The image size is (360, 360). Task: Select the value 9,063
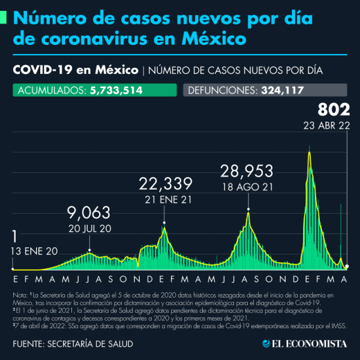(89, 212)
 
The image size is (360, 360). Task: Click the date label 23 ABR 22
(327, 126)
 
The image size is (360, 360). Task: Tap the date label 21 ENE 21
(164, 197)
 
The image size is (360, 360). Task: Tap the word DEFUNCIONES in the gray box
(221, 91)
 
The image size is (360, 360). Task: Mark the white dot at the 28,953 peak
(248, 209)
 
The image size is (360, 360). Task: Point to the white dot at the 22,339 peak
(164, 223)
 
